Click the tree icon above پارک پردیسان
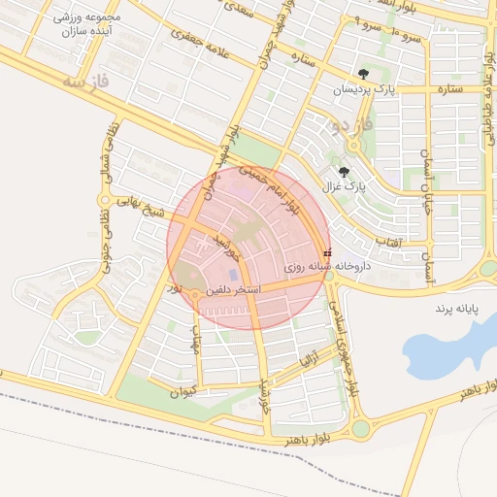point(363,74)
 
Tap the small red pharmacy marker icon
point(326,251)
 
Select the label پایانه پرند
point(455,308)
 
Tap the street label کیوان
point(182,392)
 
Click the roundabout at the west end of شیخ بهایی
point(103,199)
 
